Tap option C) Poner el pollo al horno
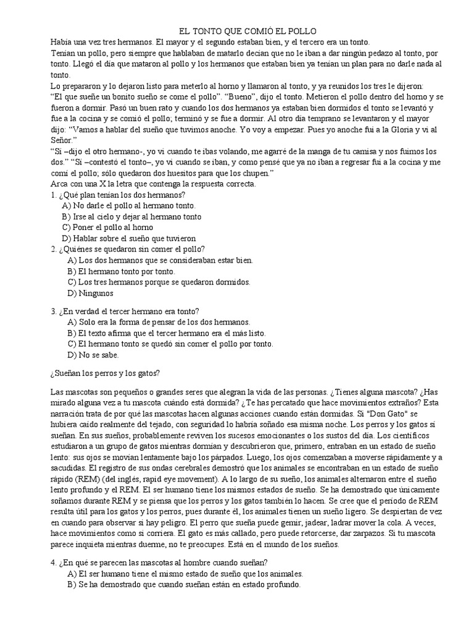click(x=111, y=227)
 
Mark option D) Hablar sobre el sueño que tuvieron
click(x=137, y=238)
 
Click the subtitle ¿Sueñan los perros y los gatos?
click(x=105, y=373)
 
